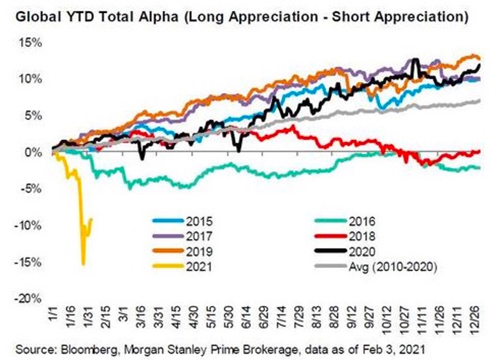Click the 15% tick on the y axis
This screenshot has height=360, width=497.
coord(31,43)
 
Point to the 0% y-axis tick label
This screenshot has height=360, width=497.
coord(34,152)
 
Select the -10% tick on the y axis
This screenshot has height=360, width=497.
coord(29,226)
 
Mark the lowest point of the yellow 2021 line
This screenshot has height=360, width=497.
coord(83,264)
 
